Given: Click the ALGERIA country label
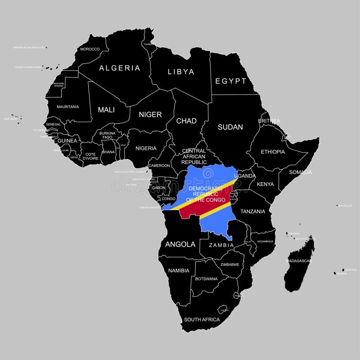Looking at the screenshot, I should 120,68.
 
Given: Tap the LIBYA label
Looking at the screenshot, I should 181,72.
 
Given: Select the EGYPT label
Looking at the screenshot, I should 231,81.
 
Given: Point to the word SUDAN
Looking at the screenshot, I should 230,127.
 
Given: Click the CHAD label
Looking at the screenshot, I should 186,121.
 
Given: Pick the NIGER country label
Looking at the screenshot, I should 150,114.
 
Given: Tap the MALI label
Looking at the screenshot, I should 106,109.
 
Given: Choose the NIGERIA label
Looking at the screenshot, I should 146,148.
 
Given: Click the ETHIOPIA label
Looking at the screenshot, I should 273,152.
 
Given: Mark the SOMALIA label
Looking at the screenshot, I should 300,172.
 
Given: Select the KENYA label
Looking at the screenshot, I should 265,184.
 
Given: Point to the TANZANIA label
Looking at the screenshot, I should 252,211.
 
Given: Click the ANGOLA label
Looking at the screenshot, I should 180,244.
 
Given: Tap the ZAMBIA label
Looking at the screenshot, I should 221,245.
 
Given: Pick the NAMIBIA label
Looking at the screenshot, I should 179,270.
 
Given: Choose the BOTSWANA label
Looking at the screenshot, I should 206,279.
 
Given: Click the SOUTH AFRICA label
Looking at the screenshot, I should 202,319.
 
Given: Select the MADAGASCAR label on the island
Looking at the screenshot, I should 299,261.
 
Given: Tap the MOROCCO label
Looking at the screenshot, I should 90,49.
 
